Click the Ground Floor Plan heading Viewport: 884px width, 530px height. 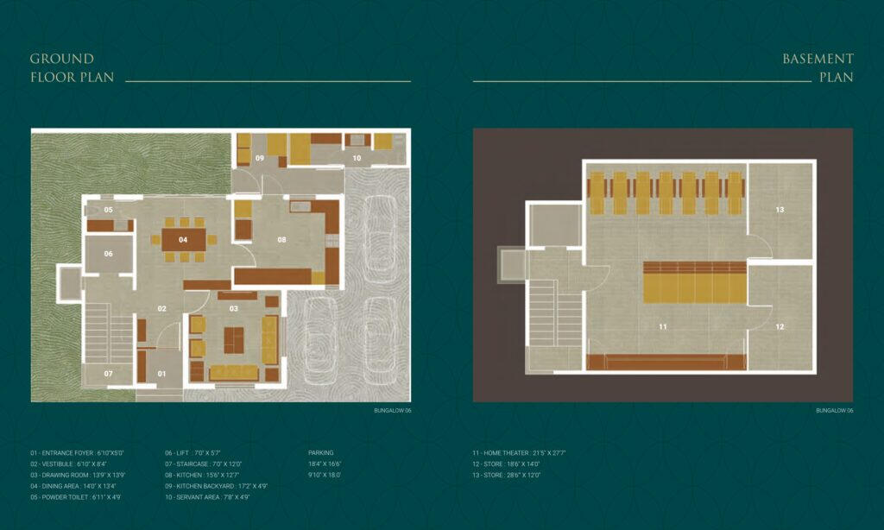coord(62,67)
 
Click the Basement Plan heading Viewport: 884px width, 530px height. coord(818,67)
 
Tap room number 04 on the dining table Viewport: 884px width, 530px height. coord(183,239)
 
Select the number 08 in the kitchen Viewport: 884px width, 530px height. coord(281,239)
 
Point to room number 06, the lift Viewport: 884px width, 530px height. coord(109,254)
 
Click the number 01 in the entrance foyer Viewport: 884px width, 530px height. coord(161,374)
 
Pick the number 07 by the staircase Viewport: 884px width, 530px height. coord(109,374)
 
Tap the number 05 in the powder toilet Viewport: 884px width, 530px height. coord(109,210)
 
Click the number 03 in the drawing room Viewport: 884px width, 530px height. coord(233,308)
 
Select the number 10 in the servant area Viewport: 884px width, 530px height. coord(357,158)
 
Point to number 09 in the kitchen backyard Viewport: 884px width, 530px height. coord(259,158)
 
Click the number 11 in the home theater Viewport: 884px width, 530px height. coord(663,327)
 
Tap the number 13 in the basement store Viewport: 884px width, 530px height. coord(780,210)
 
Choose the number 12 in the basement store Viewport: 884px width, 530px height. coord(780,327)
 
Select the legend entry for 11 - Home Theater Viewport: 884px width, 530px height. coord(518,452)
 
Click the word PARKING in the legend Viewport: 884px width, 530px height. coord(320,452)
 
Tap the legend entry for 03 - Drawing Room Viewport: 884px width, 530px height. coord(77,475)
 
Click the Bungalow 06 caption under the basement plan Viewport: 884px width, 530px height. coord(834,411)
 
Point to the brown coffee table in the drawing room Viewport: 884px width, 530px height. coord(234,340)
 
